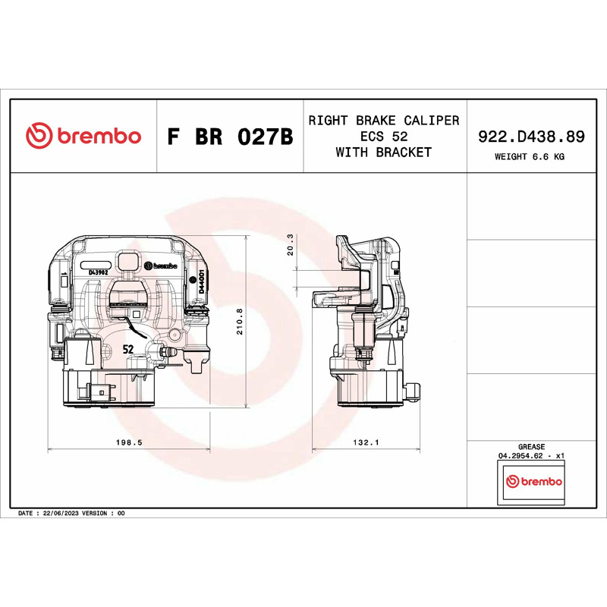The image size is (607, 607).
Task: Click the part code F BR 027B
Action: coord(230,137)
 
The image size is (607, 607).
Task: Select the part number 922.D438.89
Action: coord(531,137)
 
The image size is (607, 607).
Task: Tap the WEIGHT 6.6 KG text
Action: coord(529,157)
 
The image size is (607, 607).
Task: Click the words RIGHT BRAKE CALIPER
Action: coord(384,121)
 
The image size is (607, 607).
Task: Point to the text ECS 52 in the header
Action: coord(384,137)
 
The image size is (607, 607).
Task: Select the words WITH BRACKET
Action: coord(384,153)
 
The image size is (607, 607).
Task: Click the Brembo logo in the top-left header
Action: coord(83,136)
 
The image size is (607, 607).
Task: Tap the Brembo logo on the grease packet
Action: coord(534,481)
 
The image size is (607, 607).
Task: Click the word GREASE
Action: coord(531,447)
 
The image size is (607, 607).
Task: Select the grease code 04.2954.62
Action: coord(521,456)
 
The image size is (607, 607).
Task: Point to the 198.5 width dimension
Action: coord(129,442)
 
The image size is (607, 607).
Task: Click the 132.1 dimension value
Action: coord(366,442)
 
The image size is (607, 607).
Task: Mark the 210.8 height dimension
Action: coord(240,321)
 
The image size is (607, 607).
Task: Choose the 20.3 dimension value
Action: coord(290,244)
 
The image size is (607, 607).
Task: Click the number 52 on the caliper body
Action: coord(128,349)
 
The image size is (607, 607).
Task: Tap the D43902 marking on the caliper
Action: coord(99,272)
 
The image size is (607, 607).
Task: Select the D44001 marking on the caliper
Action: coord(201,281)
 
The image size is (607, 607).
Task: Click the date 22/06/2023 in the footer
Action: coord(61,514)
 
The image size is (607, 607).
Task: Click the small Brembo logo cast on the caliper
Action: coord(161,266)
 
